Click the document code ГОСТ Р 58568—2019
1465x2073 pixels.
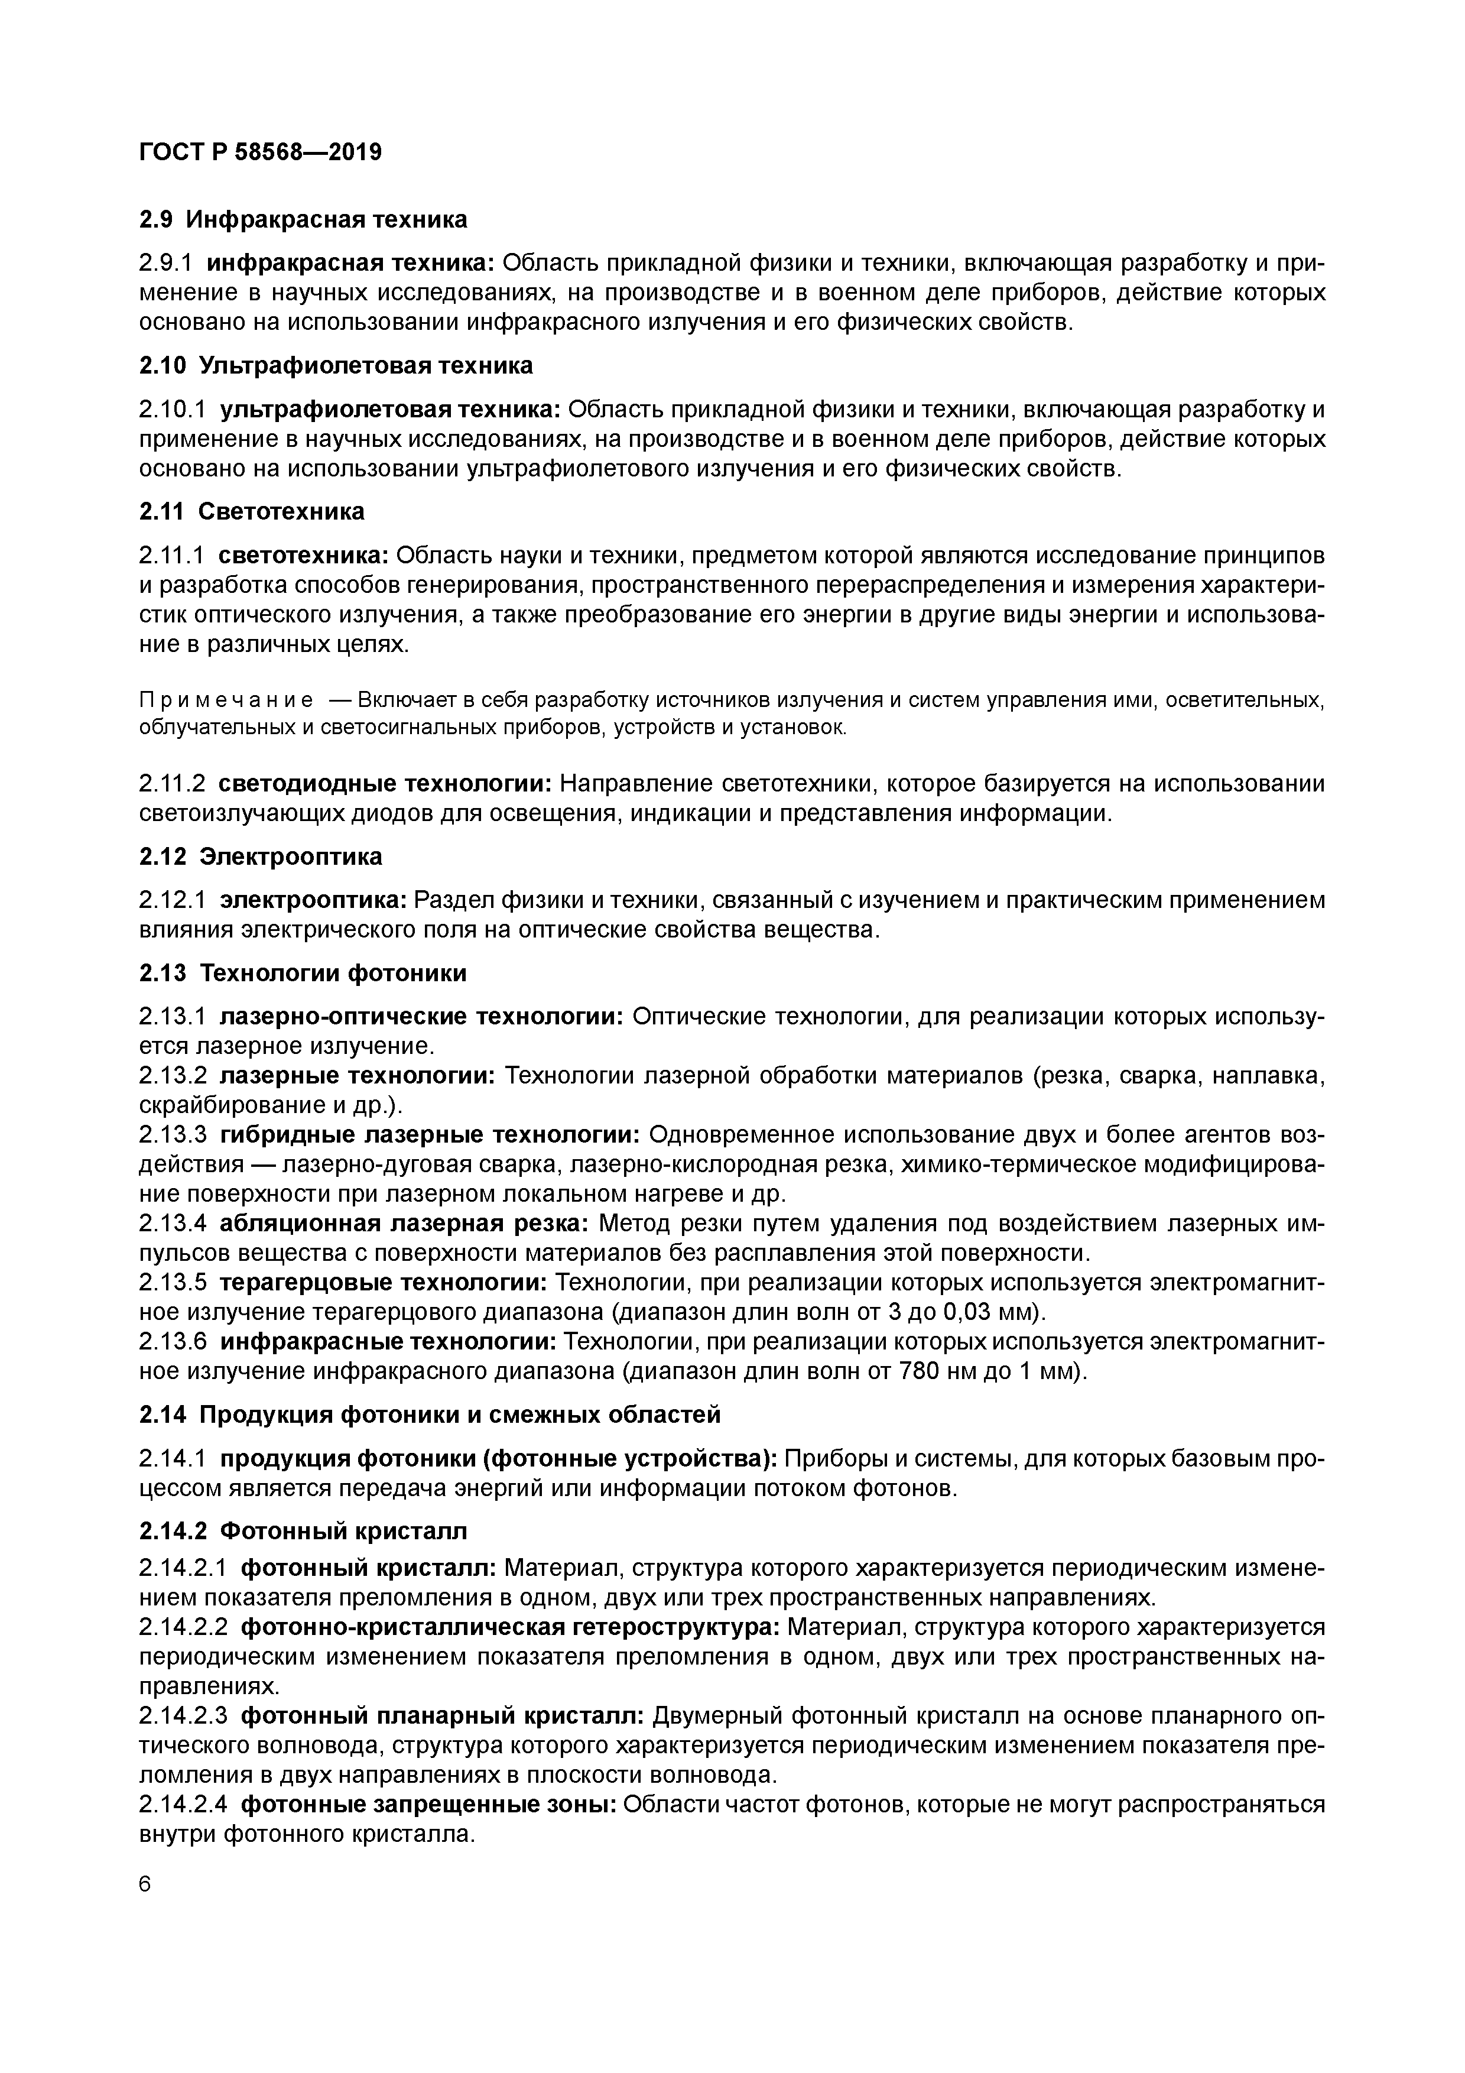(x=260, y=153)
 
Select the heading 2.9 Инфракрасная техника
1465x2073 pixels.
(x=303, y=219)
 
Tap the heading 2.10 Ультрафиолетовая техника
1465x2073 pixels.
(x=336, y=366)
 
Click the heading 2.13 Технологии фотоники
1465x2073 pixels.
(x=303, y=974)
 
